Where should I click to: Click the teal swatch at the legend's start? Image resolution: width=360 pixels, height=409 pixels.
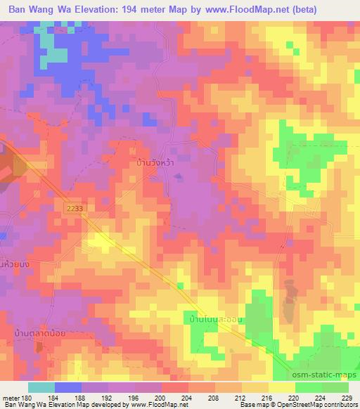point(41,387)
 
